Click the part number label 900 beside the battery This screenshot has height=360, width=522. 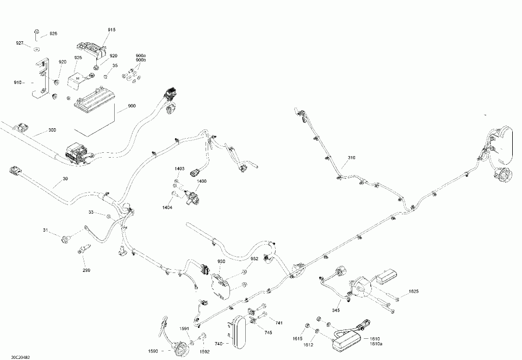point(132,106)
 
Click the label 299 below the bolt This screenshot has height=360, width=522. point(86,270)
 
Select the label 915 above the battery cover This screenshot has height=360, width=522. point(111,29)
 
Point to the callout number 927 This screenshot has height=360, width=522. point(20,43)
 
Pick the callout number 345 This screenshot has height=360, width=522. point(335,310)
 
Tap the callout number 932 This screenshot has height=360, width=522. point(254,259)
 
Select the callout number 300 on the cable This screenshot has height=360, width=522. point(52,131)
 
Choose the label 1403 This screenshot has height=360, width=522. point(179,170)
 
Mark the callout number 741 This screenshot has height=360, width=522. point(279,323)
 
